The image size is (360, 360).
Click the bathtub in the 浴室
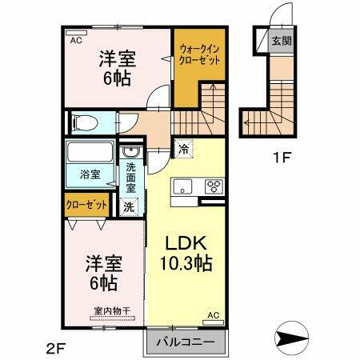tap(90, 153)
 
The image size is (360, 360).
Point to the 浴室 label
tap(89, 173)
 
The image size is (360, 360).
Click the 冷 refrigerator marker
tap(184, 148)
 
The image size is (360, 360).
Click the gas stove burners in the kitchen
tap(215, 186)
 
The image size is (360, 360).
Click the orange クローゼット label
tap(86, 205)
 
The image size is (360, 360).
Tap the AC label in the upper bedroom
tap(76, 39)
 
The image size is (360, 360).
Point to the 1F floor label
tap(281, 158)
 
